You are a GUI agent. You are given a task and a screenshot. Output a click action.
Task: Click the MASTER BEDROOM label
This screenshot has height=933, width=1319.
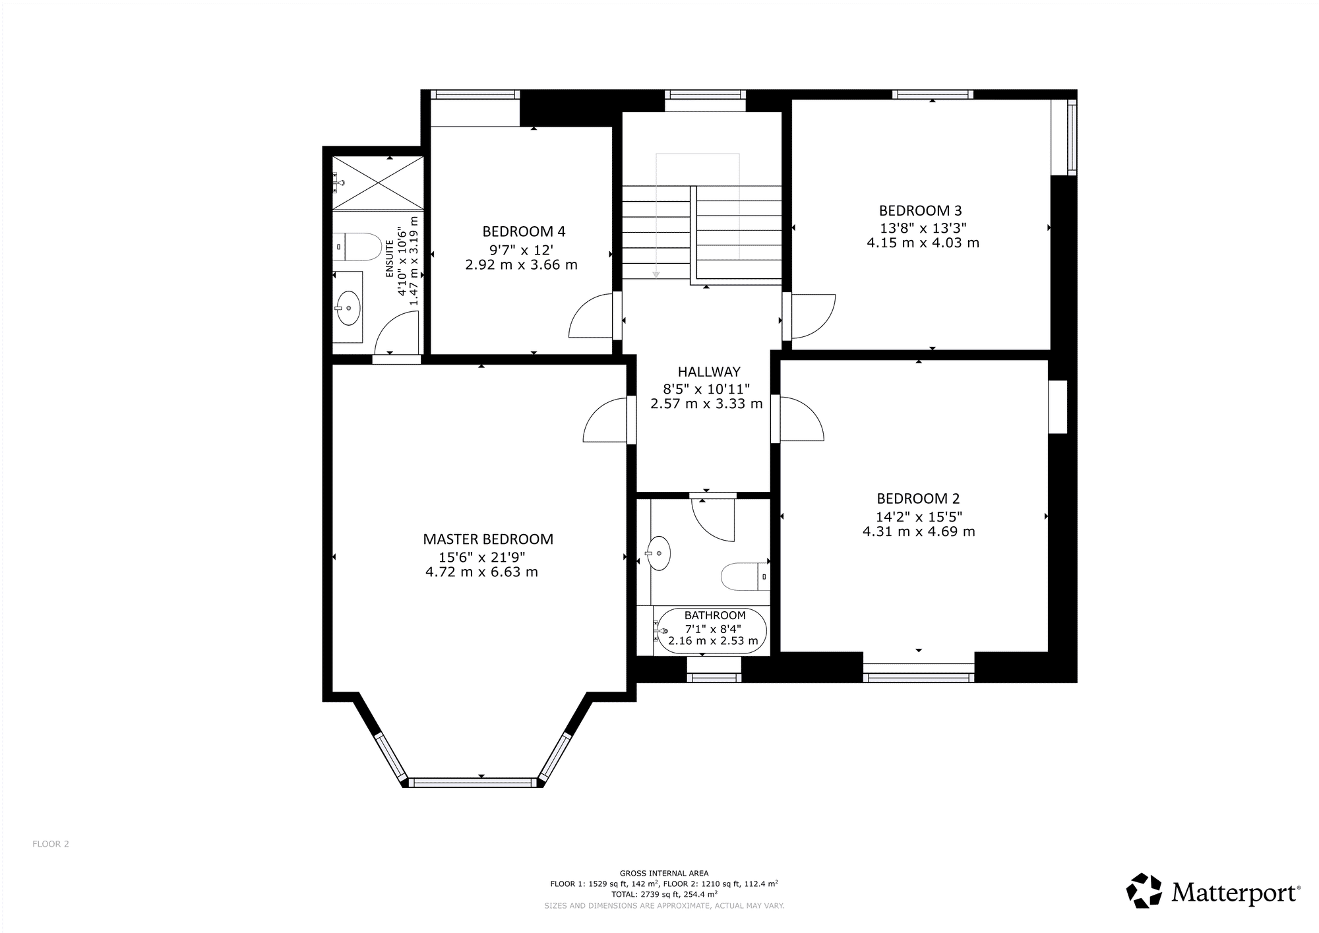[488, 539]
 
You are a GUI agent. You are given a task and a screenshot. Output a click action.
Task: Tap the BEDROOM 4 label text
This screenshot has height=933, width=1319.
[524, 231]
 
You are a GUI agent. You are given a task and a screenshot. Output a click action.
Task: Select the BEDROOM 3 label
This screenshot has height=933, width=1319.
[920, 211]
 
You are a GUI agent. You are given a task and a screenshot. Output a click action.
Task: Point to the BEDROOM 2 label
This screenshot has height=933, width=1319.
[918, 499]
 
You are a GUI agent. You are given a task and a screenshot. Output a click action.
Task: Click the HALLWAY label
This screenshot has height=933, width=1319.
[709, 372]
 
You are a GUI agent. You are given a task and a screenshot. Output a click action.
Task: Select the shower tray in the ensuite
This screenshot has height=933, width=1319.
[377, 183]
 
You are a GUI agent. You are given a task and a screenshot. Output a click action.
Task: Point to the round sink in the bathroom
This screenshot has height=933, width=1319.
[659, 553]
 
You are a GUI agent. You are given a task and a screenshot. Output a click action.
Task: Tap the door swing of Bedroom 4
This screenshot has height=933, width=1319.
[591, 316]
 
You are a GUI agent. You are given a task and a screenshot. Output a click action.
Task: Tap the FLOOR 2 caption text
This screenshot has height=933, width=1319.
[51, 844]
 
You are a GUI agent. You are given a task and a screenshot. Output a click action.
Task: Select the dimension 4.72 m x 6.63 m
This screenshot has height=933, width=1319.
[482, 572]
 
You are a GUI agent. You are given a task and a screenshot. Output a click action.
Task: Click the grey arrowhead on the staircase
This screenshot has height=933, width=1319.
[657, 274]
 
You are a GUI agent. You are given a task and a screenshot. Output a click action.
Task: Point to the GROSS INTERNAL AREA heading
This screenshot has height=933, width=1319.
[664, 873]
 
